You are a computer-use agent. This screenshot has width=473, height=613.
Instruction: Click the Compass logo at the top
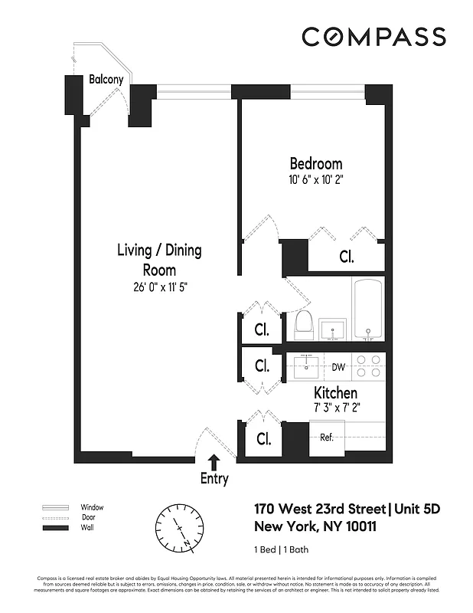374,37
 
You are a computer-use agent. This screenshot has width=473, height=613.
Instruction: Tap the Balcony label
106,79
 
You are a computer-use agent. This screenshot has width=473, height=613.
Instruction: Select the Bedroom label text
315,164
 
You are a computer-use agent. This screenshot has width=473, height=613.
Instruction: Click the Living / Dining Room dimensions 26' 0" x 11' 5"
159,288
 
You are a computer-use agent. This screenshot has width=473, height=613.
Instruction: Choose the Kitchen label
335,393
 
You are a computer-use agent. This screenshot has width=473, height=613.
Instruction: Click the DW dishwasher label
338,367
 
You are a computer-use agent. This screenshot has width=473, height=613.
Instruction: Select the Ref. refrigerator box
327,438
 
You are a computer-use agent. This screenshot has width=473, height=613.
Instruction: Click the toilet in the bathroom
302,325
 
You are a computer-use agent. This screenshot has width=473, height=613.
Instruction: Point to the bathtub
368,309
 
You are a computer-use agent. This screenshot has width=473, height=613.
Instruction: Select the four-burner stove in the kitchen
368,366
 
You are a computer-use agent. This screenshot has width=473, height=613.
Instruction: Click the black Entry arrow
214,461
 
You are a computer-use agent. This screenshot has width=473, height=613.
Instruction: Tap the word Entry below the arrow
214,479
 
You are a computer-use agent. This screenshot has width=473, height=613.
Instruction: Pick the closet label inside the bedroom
346,257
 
